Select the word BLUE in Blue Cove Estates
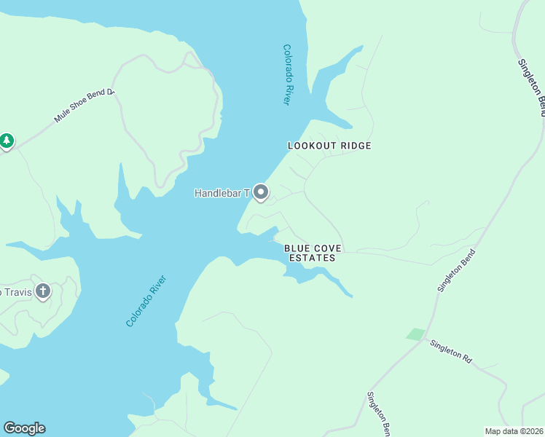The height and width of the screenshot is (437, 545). click(x=297, y=248)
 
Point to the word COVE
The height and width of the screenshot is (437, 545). click(x=328, y=248)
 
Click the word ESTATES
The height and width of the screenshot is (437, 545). click(x=312, y=258)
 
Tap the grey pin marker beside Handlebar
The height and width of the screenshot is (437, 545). click(x=261, y=192)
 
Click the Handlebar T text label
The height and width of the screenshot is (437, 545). click(x=221, y=193)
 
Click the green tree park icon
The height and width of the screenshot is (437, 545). click(x=7, y=140)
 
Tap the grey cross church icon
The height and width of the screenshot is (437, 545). click(x=43, y=291)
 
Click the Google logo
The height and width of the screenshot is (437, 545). click(x=24, y=428)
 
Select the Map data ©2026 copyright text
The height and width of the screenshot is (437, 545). click(x=514, y=431)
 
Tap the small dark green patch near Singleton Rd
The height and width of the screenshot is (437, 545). click(x=415, y=334)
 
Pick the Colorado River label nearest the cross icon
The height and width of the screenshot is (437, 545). click(x=146, y=300)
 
